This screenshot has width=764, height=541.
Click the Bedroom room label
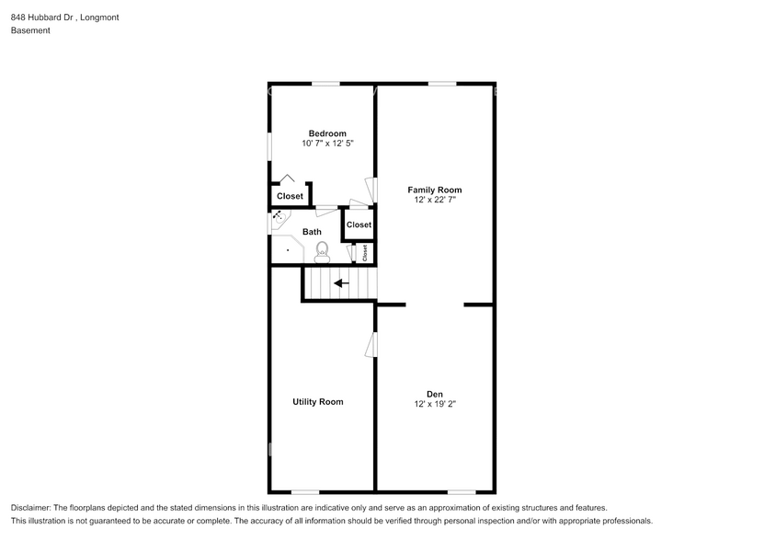(x=327, y=133)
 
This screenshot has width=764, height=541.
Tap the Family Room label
(x=435, y=190)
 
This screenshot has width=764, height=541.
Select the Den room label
(x=435, y=394)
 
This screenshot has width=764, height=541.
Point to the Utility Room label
(x=318, y=402)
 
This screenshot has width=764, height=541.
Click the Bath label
(x=312, y=232)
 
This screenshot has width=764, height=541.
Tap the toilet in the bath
(x=322, y=249)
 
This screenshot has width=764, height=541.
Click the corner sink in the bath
(x=278, y=218)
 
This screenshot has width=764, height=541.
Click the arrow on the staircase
(x=340, y=283)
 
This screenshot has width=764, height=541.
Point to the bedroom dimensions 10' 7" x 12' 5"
(x=327, y=144)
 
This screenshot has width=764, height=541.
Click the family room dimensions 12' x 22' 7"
(x=435, y=200)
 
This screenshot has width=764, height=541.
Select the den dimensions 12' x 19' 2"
(x=435, y=404)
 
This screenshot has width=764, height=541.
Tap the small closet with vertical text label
(x=364, y=252)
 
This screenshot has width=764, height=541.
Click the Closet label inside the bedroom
(x=290, y=196)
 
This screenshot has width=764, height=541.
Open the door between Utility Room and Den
(x=371, y=344)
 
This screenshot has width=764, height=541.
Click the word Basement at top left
(x=30, y=30)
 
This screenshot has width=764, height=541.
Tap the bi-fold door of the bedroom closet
(x=288, y=179)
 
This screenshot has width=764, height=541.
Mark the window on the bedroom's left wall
(x=269, y=147)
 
